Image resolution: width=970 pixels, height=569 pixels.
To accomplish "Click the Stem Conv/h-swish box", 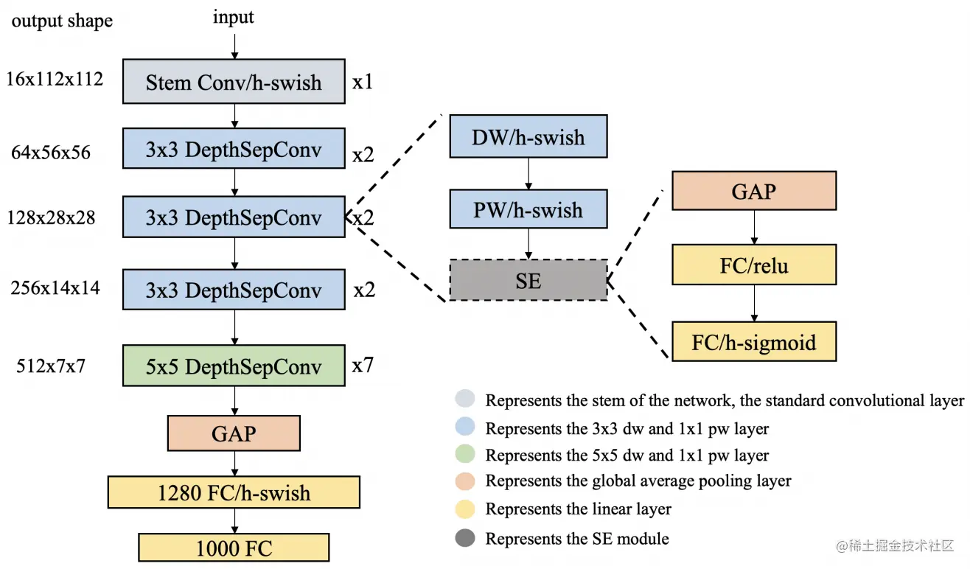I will click(x=234, y=82).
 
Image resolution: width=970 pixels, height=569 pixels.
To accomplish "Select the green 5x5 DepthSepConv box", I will click(x=234, y=366).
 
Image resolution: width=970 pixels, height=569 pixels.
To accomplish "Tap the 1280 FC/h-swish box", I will click(x=234, y=492).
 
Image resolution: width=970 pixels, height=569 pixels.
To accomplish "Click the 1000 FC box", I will click(x=234, y=548).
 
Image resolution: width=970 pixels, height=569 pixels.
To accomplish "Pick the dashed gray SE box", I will click(x=528, y=280).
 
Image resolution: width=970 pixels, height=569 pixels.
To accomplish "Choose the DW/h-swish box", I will click(x=528, y=136).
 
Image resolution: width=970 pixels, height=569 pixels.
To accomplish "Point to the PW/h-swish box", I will click(x=528, y=209).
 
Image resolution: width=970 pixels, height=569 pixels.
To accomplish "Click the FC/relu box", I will click(x=754, y=265).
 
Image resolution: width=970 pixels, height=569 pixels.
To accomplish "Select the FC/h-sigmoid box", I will click(x=754, y=341).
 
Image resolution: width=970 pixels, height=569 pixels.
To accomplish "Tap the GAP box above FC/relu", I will click(x=754, y=191).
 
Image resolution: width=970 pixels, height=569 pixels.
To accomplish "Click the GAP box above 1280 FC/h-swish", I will click(x=234, y=433).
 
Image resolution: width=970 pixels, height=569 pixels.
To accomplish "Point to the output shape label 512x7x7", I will click(x=52, y=365).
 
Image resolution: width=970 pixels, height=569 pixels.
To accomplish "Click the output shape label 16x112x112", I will click(x=55, y=79).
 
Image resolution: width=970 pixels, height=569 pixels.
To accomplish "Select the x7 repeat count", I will click(x=363, y=365).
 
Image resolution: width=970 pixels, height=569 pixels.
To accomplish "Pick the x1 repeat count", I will click(x=363, y=81).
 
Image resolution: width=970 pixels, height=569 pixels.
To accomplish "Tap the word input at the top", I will click(x=234, y=18).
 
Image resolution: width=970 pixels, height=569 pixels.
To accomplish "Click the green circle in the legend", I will click(x=466, y=455).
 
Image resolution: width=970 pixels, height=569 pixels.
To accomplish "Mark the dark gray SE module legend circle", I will click(x=466, y=538).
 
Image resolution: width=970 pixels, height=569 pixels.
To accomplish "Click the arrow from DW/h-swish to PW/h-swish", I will click(x=528, y=173).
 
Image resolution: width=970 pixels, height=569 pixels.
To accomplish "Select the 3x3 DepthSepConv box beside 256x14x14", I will click(x=234, y=290).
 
